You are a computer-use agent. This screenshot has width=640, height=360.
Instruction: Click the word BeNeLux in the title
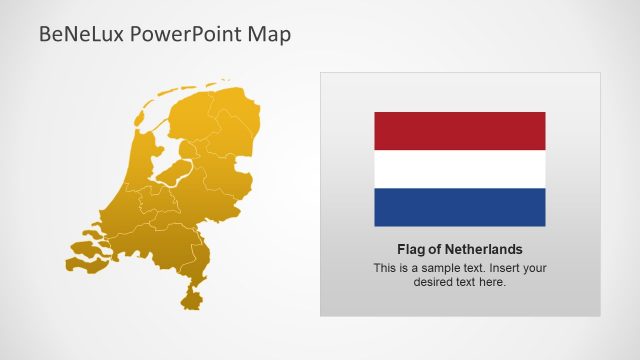click(x=72, y=35)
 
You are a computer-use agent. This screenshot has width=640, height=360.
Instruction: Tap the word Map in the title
click(x=271, y=35)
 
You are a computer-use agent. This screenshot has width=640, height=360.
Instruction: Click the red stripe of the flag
click(x=460, y=131)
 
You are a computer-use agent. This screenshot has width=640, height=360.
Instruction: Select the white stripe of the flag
click(x=460, y=169)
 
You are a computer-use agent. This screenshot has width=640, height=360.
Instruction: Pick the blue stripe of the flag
click(x=460, y=207)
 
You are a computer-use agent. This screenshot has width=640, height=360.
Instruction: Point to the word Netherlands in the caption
click(x=484, y=249)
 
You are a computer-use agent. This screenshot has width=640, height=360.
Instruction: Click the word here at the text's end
click(x=493, y=282)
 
